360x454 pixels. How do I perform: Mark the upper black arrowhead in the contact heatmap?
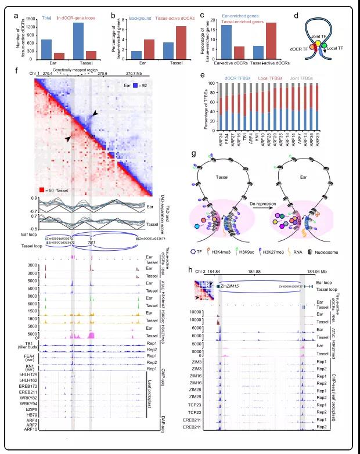coord(95,116)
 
